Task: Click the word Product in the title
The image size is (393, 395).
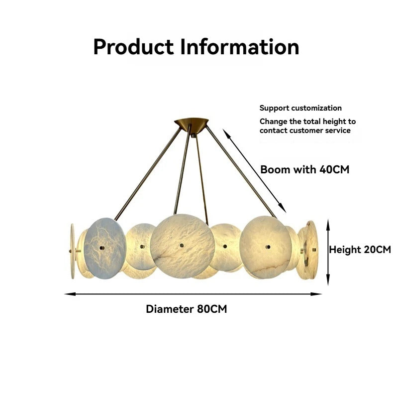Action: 133,47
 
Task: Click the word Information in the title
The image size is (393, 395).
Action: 240,47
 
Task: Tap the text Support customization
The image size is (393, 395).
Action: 300,108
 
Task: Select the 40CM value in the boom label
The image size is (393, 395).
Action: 334,169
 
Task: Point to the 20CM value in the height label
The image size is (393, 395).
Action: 376,250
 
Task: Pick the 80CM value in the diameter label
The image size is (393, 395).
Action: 212,309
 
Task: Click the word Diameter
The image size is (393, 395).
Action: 170,309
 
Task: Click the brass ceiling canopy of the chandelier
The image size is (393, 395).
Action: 192,123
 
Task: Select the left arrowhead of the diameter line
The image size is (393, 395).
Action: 70,294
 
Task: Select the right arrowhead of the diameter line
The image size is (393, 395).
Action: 316,294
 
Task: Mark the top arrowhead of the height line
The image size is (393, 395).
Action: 328,225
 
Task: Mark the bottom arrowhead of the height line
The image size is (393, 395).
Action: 328,280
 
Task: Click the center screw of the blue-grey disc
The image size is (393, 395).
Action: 102,248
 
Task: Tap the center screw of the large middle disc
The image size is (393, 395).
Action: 182,246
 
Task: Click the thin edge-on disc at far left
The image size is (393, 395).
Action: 73,251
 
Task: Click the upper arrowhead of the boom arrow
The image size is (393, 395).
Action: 227,133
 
